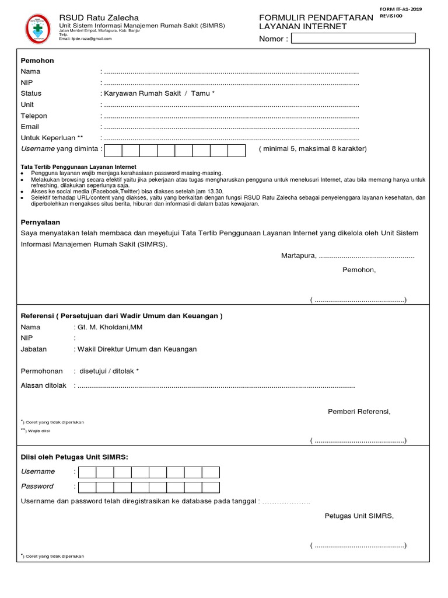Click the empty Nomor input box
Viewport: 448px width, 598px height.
(353, 39)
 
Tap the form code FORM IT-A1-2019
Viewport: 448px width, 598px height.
(401, 9)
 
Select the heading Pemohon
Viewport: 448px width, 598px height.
(37, 61)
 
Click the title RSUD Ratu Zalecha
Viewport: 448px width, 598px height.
(99, 18)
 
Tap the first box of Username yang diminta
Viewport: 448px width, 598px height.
(113, 151)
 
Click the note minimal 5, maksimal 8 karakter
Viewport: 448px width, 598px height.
(313, 149)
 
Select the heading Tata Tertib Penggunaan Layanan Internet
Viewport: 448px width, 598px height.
(78, 167)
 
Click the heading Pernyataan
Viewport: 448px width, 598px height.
(41, 222)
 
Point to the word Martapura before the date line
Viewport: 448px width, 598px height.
(298, 256)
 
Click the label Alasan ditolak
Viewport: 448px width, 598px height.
(44, 385)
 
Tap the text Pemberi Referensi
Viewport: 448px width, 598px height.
(359, 412)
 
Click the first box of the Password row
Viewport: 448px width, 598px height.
(87, 487)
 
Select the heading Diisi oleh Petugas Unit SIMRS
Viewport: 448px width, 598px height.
(74, 457)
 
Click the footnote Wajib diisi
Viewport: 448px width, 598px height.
(39, 431)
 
